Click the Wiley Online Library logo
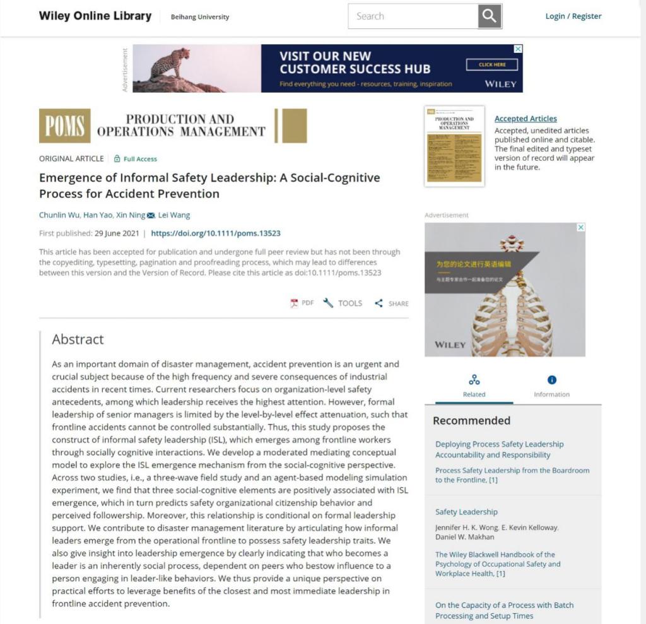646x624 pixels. coord(95,16)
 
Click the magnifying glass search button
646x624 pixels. coord(490,16)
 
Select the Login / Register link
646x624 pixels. coord(573,16)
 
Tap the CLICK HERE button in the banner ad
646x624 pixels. coord(491,64)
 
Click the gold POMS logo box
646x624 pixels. coord(64,126)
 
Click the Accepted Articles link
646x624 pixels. coord(526,119)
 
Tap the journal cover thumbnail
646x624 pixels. coord(454,146)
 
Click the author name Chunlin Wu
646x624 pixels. coord(59,215)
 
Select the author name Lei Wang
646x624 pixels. coord(174,215)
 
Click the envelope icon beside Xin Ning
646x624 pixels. coord(151,216)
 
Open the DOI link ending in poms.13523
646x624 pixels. coord(215,233)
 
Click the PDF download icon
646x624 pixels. coord(295,303)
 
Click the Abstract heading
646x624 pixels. coord(78,339)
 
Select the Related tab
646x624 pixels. coord(474,386)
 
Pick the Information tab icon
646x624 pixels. coord(552,380)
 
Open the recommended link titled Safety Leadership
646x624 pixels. coord(466,512)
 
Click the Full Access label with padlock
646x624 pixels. coord(135,159)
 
